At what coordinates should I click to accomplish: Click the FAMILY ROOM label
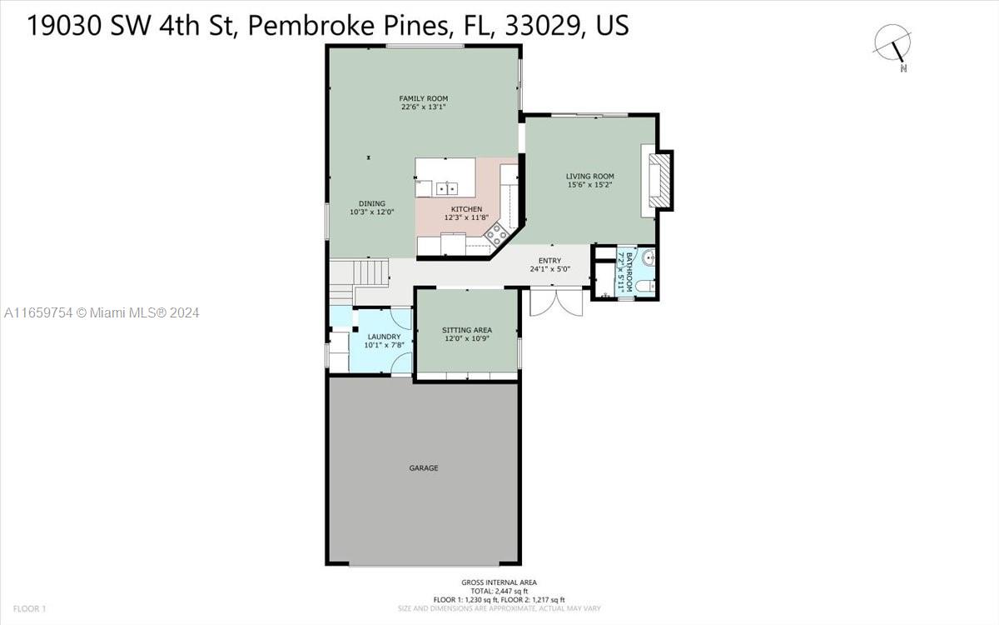(423, 98)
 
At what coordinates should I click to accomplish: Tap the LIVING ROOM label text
(590, 177)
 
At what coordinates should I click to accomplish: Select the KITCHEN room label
(466, 209)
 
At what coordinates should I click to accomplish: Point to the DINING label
(372, 203)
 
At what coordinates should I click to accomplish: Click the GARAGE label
(424, 467)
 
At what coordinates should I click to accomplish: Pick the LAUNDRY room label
(384, 337)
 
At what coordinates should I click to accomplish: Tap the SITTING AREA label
(467, 330)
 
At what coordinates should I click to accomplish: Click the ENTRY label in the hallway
(550, 261)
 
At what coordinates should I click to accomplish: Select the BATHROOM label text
(629, 272)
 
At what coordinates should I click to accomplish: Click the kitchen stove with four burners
(496, 234)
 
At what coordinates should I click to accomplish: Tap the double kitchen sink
(446, 189)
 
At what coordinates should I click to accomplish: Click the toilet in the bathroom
(645, 286)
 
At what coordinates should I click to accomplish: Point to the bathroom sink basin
(649, 257)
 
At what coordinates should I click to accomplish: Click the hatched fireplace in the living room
(660, 181)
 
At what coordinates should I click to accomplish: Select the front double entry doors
(556, 302)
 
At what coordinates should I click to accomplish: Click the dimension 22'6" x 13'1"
(423, 107)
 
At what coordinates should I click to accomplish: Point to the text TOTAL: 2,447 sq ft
(499, 591)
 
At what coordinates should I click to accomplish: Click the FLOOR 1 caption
(29, 608)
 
